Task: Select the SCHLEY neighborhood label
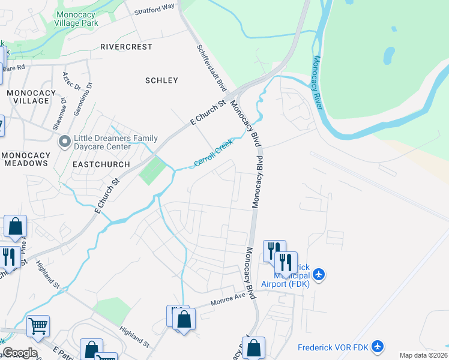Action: click(162, 80)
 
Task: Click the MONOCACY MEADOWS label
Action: click(25, 159)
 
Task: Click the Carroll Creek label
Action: click(213, 154)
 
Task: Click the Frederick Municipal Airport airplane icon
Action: click(318, 275)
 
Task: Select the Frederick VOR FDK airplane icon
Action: click(377, 346)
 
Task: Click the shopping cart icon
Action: click(38, 326)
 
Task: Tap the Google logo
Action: click(20, 353)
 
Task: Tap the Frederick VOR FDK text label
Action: click(333, 347)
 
